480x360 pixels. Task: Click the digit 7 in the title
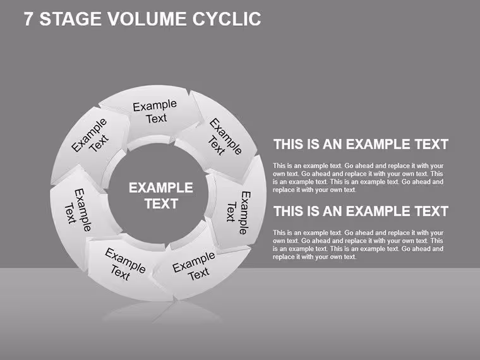click(28, 19)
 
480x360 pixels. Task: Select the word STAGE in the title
click(71, 19)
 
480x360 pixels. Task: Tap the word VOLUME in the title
click(147, 19)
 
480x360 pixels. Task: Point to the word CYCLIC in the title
click(227, 19)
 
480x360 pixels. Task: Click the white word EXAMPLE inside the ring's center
click(160, 188)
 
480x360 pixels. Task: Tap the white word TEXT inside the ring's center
click(161, 203)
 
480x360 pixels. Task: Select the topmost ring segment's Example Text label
click(155, 112)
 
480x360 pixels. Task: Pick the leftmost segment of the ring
click(80, 211)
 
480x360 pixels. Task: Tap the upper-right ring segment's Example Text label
click(225, 137)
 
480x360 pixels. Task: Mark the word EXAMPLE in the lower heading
click(378, 211)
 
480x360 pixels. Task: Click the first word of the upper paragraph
click(279, 165)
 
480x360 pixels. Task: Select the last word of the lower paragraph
click(349, 257)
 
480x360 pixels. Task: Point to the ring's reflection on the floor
click(162, 312)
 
